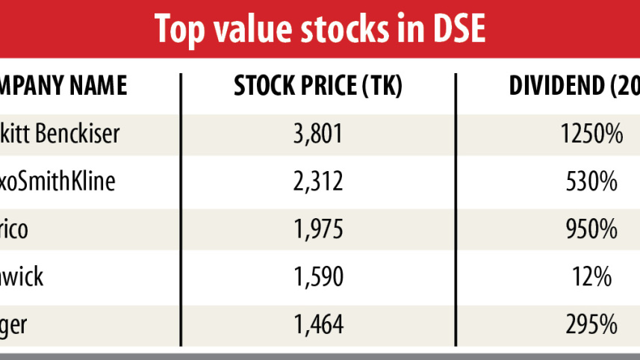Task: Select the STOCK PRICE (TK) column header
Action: [x=318, y=87]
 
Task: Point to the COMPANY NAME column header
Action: [x=63, y=87]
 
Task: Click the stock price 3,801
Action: [x=318, y=134]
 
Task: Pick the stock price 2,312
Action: [x=318, y=181]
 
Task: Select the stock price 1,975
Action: [x=318, y=229]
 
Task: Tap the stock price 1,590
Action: [x=318, y=277]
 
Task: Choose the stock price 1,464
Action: [x=318, y=324]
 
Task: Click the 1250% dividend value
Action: [x=591, y=134]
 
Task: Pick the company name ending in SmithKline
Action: [x=58, y=181]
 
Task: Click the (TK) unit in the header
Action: [x=382, y=87]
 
